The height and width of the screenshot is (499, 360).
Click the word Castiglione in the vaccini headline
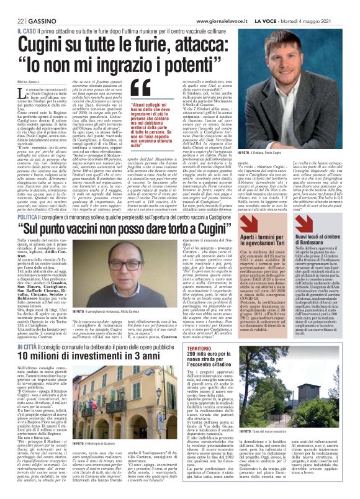(x=271, y=215)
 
